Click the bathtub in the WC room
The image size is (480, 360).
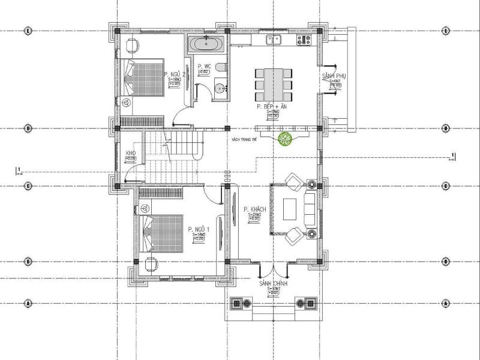(x=208, y=44)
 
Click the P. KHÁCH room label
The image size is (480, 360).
(x=255, y=209)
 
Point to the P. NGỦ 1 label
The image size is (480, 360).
(x=198, y=230)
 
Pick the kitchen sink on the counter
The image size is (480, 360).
(x=274, y=40)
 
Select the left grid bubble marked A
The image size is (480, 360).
(x=28, y=304)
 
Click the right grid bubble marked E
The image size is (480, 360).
(x=446, y=29)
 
